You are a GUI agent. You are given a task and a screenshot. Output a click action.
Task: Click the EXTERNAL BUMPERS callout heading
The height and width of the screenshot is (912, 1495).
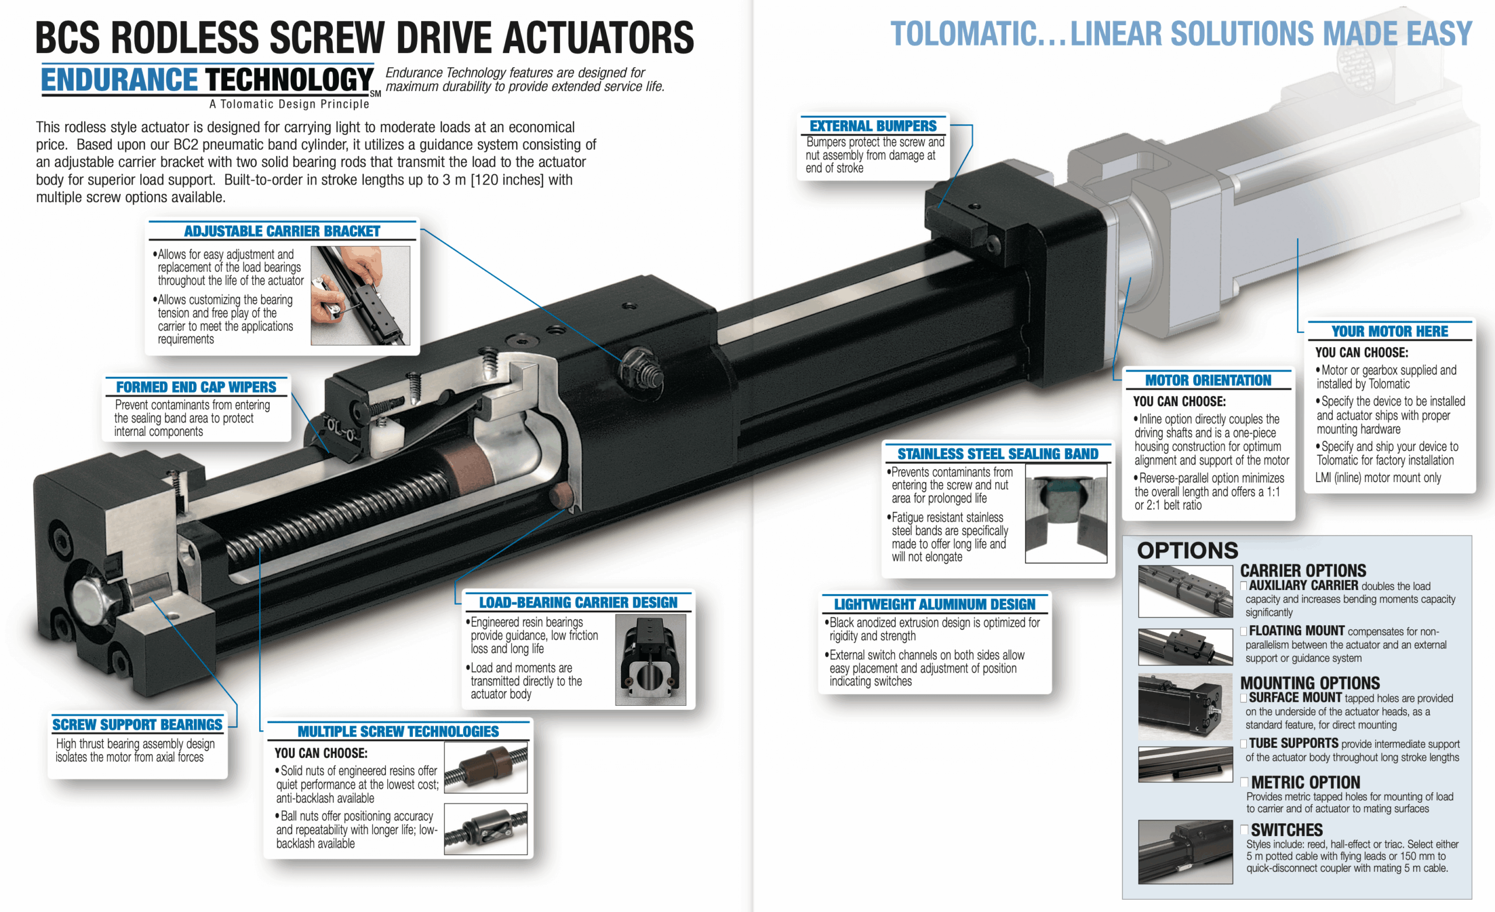(x=873, y=126)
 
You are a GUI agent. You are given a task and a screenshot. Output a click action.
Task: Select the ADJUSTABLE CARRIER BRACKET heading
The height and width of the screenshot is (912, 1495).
(x=282, y=231)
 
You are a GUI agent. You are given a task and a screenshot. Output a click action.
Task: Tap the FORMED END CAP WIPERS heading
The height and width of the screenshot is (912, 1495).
(x=196, y=387)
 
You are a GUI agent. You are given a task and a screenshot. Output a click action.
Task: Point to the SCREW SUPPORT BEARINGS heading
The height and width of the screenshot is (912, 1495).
(x=137, y=724)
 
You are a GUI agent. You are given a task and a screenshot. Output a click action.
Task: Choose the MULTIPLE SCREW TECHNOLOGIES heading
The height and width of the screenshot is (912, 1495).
(x=398, y=731)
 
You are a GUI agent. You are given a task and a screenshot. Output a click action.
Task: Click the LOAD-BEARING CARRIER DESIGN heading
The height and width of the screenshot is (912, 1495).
(x=578, y=602)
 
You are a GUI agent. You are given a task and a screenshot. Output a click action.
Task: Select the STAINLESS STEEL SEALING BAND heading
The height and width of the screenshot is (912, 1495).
(x=998, y=453)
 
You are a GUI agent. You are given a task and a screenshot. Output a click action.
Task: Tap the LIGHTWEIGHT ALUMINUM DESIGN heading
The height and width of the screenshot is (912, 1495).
(x=934, y=604)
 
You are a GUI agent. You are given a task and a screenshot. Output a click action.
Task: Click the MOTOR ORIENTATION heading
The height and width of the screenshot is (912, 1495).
(x=1208, y=380)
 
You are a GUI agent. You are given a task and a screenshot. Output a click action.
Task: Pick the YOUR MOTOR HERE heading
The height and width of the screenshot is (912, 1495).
(x=1389, y=331)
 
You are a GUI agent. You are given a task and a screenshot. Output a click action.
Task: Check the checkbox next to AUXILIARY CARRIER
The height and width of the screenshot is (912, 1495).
(x=1244, y=586)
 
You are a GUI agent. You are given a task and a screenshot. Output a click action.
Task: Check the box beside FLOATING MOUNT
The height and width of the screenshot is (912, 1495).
(x=1244, y=632)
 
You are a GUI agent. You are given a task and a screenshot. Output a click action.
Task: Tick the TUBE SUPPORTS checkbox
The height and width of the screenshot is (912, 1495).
(x=1244, y=744)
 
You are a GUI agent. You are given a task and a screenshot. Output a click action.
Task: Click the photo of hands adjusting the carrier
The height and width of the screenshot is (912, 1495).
(x=360, y=296)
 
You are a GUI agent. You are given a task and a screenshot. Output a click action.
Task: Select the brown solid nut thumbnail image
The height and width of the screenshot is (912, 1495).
(x=485, y=768)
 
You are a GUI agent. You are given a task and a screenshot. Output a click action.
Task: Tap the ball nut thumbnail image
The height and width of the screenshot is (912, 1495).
(x=485, y=829)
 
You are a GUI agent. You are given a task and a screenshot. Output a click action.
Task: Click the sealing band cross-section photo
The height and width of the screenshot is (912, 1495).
(x=1066, y=513)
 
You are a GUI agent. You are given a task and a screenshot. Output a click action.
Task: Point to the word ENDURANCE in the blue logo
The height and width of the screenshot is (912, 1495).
(x=120, y=80)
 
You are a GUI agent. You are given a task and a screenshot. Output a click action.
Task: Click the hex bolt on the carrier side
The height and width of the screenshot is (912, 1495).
(x=642, y=367)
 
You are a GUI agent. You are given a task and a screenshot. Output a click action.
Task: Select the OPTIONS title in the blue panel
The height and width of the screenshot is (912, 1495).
(x=1187, y=550)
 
